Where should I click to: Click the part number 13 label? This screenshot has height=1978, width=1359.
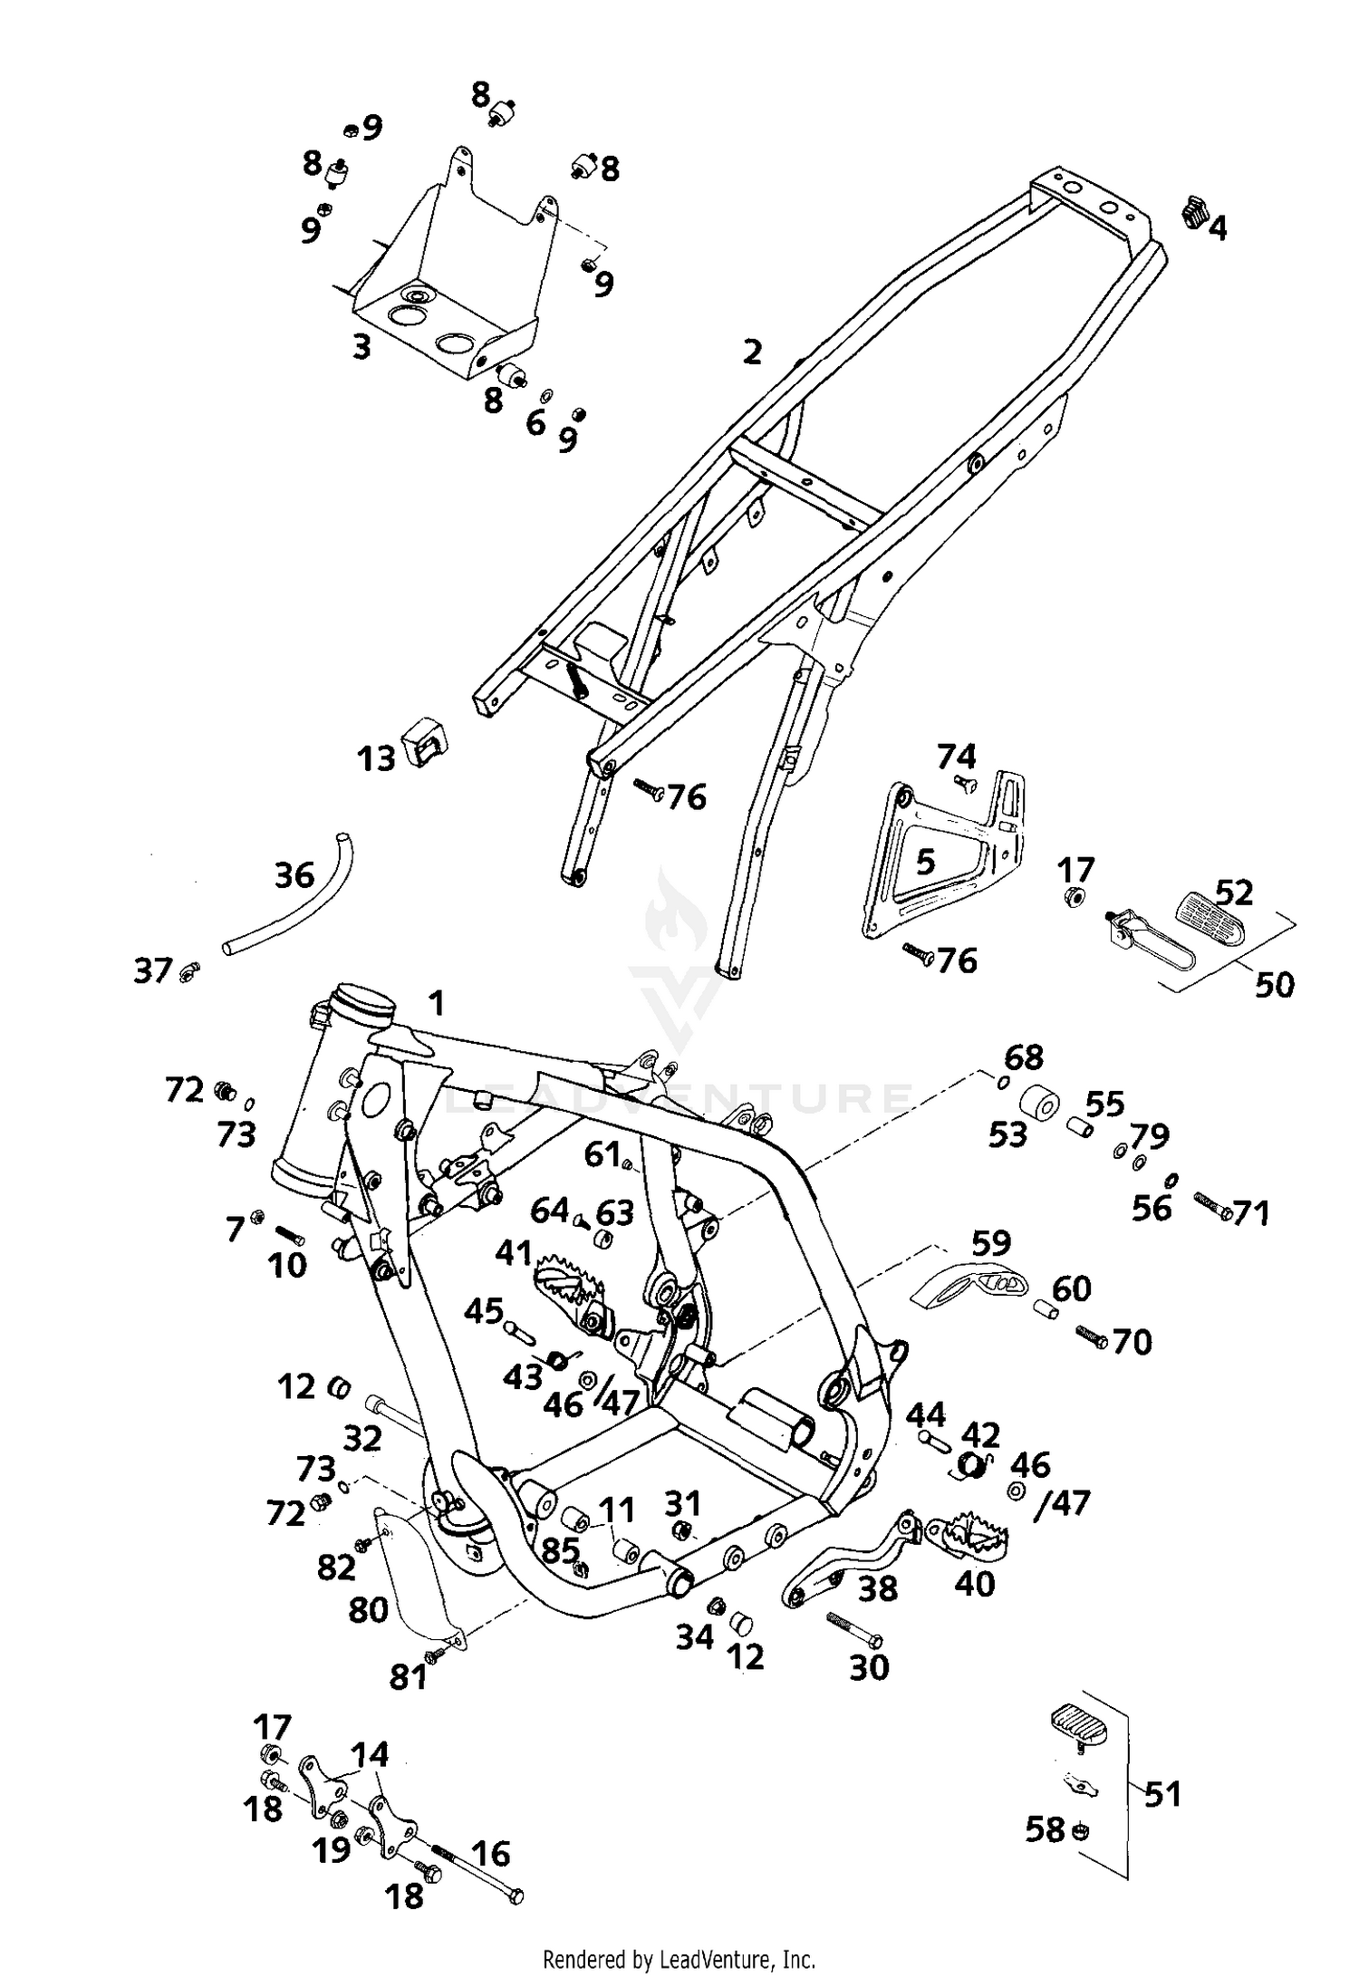click(376, 757)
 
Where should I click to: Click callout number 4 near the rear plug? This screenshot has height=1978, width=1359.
click(1218, 228)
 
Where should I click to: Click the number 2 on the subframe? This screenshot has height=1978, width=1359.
click(752, 352)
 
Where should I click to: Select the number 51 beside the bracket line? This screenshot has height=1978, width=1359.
click(1162, 1793)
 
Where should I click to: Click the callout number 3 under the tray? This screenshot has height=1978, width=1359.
click(361, 346)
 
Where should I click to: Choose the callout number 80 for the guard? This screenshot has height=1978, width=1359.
click(368, 1609)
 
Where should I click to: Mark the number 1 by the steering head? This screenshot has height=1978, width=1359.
click(437, 1003)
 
